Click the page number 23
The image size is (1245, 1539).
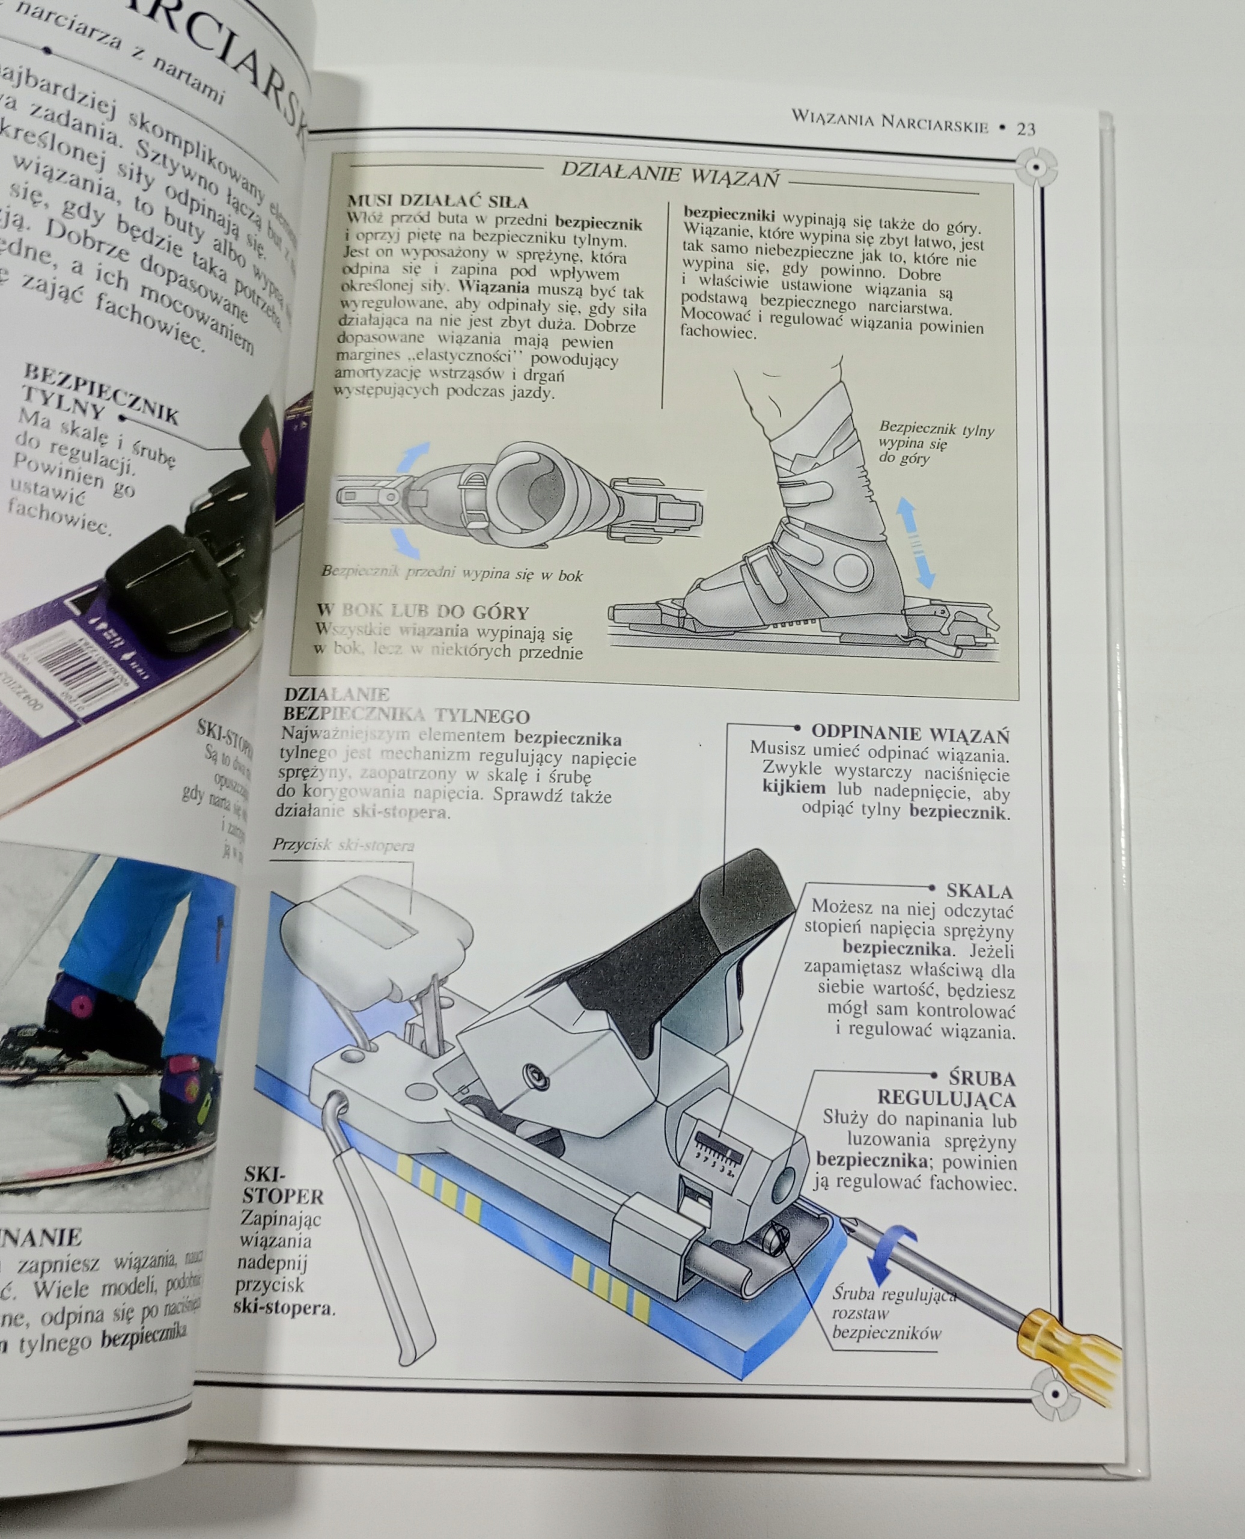(x=1026, y=129)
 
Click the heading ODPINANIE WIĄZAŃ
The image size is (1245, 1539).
(x=910, y=734)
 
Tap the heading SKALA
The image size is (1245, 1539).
(x=979, y=891)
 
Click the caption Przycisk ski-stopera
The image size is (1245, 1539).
(x=343, y=845)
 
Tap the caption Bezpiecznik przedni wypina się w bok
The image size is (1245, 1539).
(x=452, y=574)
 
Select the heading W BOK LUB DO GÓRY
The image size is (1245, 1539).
(x=422, y=612)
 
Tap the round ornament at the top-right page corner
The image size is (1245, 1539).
(x=1036, y=167)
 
